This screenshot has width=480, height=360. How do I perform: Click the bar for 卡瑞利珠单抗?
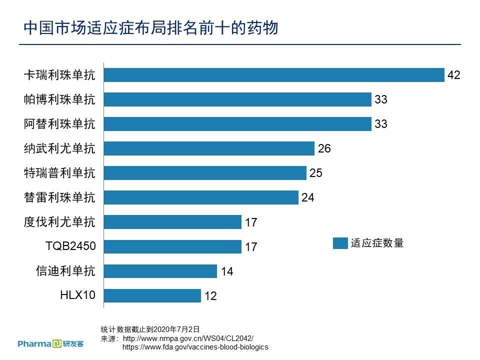click(x=274, y=75)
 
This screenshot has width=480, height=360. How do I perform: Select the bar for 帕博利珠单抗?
click(x=237, y=99)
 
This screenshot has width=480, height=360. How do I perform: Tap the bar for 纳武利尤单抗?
click(x=209, y=148)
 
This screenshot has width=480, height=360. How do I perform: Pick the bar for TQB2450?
click(x=172, y=246)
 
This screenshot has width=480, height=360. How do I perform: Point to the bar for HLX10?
click(x=152, y=295)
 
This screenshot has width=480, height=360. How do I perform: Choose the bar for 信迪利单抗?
click(x=160, y=271)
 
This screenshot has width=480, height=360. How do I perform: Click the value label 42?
click(x=453, y=75)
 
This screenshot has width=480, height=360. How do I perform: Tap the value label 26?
click(x=324, y=148)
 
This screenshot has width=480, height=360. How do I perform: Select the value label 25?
click(x=316, y=173)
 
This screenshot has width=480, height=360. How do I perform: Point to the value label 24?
click(x=308, y=197)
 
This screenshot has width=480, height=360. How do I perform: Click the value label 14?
click(x=227, y=271)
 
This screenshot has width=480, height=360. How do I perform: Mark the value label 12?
click(x=210, y=296)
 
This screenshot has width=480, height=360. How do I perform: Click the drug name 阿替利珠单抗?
click(x=59, y=124)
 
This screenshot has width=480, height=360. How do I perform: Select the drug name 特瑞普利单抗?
click(x=59, y=173)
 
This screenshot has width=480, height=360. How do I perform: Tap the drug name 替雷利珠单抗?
click(x=59, y=197)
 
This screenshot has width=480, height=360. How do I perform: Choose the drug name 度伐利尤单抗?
click(x=59, y=221)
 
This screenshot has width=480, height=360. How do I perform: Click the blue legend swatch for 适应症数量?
click(x=340, y=243)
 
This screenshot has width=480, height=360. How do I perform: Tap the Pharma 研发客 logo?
click(x=50, y=343)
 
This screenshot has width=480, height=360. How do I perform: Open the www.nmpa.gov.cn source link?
click(x=188, y=338)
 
